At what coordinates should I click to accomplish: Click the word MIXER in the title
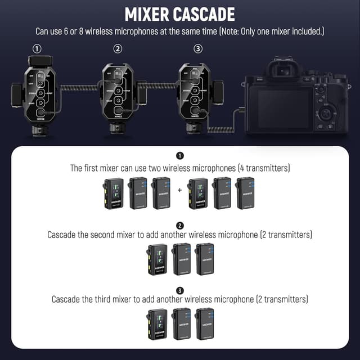click(x=148, y=14)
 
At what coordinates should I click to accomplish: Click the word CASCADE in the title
click(x=204, y=14)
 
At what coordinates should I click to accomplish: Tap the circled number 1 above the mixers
click(x=37, y=49)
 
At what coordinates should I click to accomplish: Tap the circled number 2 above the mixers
click(x=118, y=49)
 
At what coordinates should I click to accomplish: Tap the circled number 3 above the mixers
click(x=197, y=49)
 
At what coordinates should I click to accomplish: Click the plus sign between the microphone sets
click(x=179, y=190)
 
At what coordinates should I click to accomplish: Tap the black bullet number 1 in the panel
click(x=179, y=155)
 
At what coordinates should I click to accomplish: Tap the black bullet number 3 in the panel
click(x=179, y=290)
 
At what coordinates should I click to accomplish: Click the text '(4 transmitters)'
click(x=262, y=168)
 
